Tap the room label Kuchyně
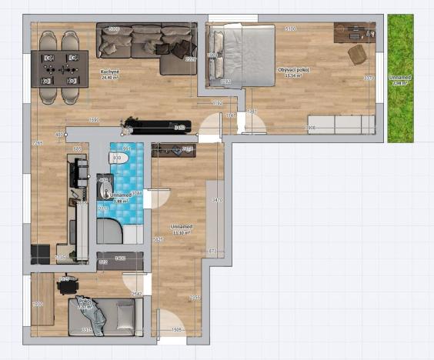coord(109,73)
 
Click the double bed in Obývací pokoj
coord(241,55)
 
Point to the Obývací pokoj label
coord(292,72)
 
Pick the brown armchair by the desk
coord(358,54)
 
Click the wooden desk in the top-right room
coord(354,32)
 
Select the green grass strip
coord(400,78)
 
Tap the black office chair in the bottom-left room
coord(65,286)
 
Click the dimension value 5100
coord(290,28)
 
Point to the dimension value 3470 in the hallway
coord(217,200)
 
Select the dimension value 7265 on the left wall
coord(35,143)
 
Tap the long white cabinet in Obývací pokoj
coord(341,125)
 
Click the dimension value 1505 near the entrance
coord(175,330)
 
